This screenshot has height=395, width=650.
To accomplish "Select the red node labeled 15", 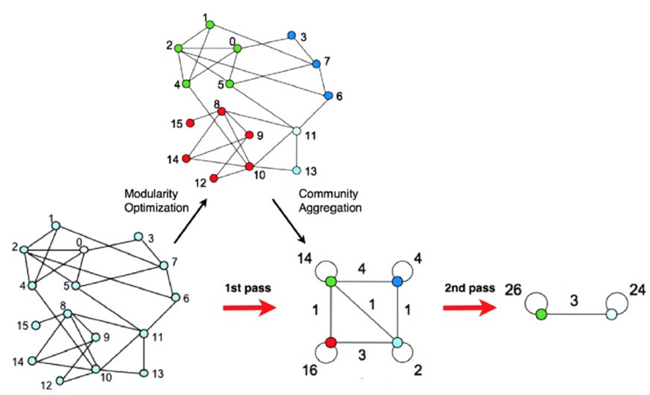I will (x=190, y=123).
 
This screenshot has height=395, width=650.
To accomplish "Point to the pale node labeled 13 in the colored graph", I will (x=297, y=170).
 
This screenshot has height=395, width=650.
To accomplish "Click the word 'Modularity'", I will (x=151, y=194).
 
